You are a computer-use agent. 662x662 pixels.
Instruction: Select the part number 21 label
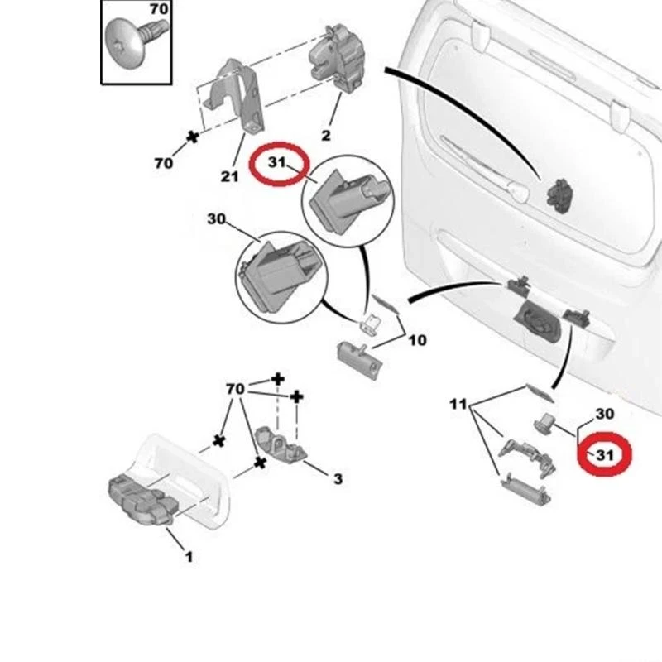pos(229,175)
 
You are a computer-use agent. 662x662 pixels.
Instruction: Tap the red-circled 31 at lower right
pos(605,454)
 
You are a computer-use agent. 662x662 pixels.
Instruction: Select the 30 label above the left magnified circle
pos(216,220)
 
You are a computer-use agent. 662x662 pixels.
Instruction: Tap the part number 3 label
pos(337,478)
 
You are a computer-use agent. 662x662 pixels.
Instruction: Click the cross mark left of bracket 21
pos(194,136)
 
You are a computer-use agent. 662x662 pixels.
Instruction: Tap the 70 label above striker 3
pos(235,389)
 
